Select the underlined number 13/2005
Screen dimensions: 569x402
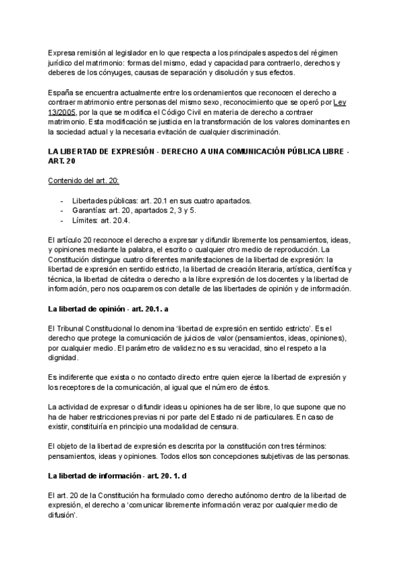coord(62,113)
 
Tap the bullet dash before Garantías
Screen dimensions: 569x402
coord(62,211)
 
